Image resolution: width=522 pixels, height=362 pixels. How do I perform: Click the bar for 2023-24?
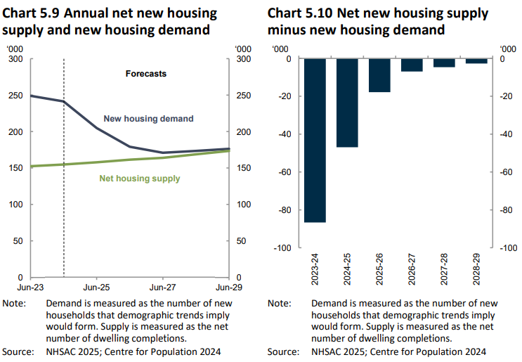pyautogui.click(x=315, y=141)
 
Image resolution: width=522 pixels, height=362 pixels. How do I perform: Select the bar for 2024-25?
pyautogui.click(x=348, y=103)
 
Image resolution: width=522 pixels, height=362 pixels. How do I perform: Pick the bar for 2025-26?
pyautogui.click(x=380, y=75)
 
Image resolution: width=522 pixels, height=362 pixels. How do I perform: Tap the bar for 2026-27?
pyautogui.click(x=412, y=65)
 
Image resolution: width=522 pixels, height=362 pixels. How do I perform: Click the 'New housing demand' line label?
pyautogui.click(x=148, y=119)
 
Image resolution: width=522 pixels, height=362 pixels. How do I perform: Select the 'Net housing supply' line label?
pyautogui.click(x=139, y=179)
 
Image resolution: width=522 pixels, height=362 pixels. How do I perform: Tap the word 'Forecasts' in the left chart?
pyautogui.click(x=145, y=74)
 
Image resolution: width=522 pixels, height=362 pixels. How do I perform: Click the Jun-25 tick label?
pyautogui.click(x=96, y=287)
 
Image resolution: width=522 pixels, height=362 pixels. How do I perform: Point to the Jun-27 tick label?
pyautogui.click(x=163, y=287)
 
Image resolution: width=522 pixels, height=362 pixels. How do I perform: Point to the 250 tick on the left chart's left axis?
pyautogui.click(x=15, y=96)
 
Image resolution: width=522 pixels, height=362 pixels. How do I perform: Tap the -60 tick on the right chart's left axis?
pyautogui.click(x=285, y=172)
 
